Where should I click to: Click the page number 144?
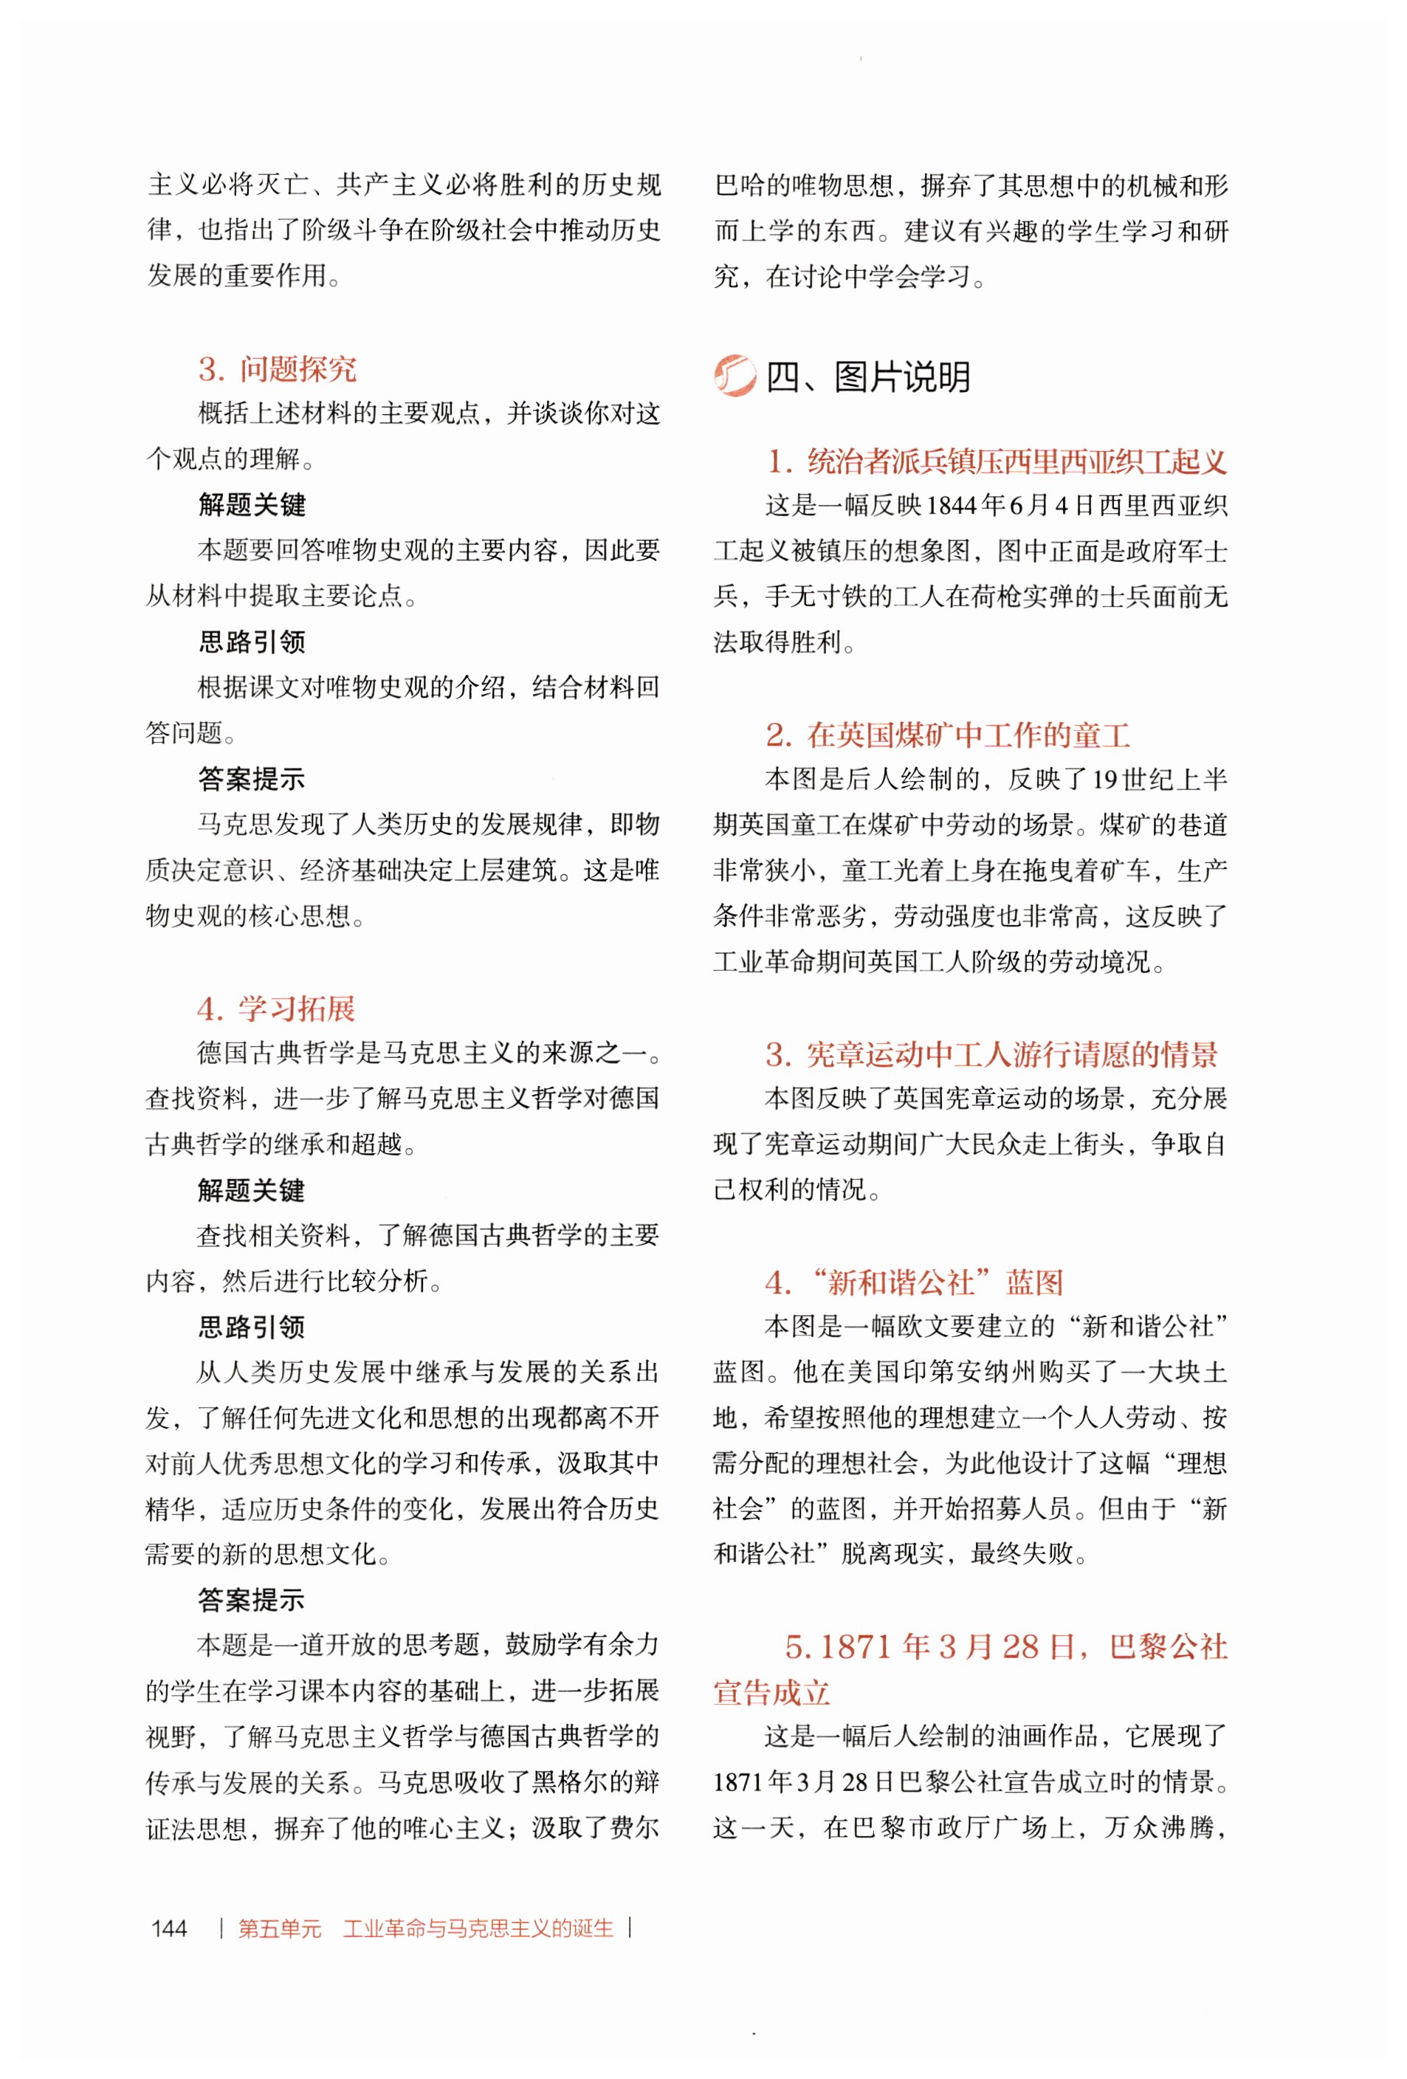[169, 1928]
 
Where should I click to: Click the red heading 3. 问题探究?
[278, 368]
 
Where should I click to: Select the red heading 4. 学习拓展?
[276, 1009]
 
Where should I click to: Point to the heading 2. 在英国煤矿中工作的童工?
[948, 735]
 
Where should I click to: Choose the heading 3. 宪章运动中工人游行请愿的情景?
[991, 1055]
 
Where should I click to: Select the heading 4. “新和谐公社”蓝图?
[914, 1283]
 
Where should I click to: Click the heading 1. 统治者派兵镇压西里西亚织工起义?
[997, 461]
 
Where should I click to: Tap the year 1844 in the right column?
[952, 506]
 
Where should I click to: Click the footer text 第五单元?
[279, 1928]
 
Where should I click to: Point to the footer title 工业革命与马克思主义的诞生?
[478, 1928]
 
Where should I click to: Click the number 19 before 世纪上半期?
[1106, 780]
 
